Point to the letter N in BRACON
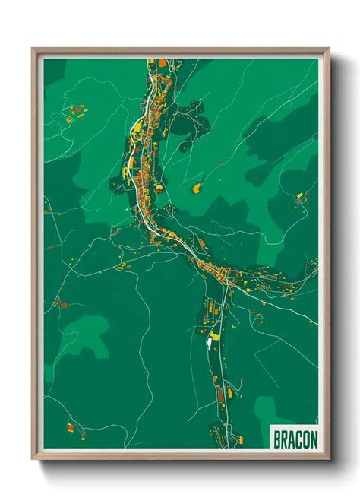click(313, 439)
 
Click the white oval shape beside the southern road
click(207, 344)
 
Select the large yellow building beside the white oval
click(215, 334)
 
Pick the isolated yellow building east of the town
click(196, 186)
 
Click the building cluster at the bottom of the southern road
click(222, 436)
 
